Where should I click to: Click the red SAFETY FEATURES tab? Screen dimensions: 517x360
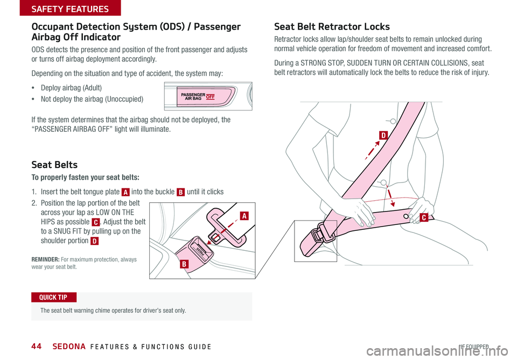[70, 8]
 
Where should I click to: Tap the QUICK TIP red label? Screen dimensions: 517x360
[54, 297]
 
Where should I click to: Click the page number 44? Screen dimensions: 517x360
[37, 346]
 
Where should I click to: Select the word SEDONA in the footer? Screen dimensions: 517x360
[69, 346]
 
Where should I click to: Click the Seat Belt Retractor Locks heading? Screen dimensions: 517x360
[332, 26]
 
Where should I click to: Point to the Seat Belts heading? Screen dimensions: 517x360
[54, 165]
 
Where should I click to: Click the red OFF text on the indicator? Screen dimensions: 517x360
[211, 97]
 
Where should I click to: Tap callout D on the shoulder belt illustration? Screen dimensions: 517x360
[383, 136]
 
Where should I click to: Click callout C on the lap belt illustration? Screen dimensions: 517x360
[424, 217]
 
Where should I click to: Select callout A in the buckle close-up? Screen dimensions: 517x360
[244, 216]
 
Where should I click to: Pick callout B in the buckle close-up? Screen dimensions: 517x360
[184, 264]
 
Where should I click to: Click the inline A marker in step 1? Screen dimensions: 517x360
[125, 192]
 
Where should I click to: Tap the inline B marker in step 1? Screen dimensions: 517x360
[180, 192]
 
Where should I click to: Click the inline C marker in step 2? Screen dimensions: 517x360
[95, 222]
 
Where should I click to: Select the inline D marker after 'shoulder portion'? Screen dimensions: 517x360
[94, 241]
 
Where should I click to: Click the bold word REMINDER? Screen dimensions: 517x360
[45, 259]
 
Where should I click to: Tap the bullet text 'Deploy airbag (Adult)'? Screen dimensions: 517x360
[71, 88]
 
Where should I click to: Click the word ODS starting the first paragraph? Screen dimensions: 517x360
[38, 50]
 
